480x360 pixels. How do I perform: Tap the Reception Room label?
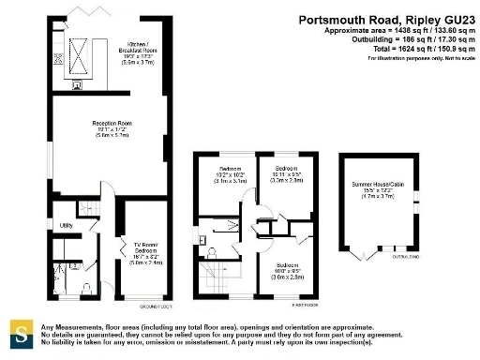(x=112, y=128)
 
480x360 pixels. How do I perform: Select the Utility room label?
(x=67, y=226)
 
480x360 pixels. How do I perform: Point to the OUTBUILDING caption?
(x=405, y=256)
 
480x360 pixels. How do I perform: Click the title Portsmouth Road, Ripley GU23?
(x=386, y=19)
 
